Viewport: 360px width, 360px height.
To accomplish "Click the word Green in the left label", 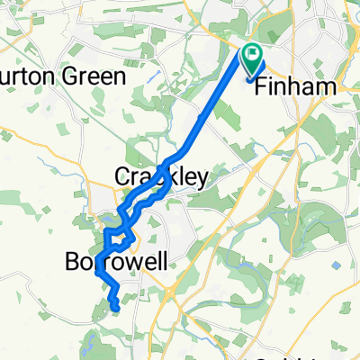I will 91,76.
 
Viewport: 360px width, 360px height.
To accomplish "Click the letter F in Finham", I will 262,87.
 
